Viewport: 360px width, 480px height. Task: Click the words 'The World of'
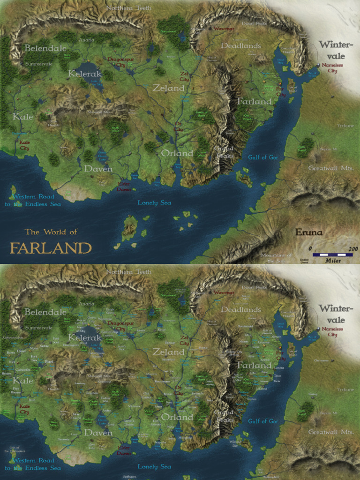click(51, 232)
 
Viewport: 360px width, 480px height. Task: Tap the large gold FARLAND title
click(51, 247)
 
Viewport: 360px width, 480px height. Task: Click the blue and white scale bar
click(332, 255)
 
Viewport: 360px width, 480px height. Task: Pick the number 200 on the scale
click(353, 248)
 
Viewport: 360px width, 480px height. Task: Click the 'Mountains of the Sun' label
click(276, 257)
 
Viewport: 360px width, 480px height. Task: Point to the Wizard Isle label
click(235, 443)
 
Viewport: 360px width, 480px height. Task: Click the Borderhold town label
click(245, 326)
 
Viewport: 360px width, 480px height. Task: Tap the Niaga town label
click(276, 336)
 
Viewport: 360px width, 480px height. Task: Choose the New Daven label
click(76, 415)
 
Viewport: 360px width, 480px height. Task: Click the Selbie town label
click(45, 346)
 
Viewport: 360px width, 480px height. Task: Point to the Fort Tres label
click(34, 358)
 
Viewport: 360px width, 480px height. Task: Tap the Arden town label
click(107, 411)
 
